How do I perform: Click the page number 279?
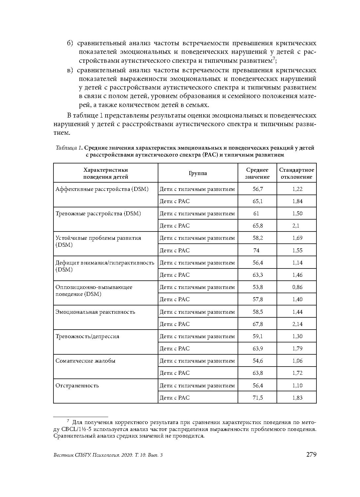click(311, 455)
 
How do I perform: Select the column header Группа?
click(198, 173)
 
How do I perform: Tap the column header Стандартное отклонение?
click(296, 173)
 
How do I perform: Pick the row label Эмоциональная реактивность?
click(95, 312)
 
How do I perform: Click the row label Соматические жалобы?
click(85, 361)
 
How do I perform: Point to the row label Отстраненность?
click(77, 385)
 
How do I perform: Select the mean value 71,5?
click(257, 398)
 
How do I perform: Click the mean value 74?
click(256, 250)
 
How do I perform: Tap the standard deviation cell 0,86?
click(297, 287)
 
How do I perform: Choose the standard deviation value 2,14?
click(297, 324)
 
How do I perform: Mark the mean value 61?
click(256, 213)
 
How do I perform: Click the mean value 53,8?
click(257, 287)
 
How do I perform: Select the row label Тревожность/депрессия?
click(87, 336)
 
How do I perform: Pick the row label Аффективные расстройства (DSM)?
click(102, 189)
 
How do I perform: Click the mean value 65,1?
click(257, 201)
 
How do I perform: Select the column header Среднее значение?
click(257, 173)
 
